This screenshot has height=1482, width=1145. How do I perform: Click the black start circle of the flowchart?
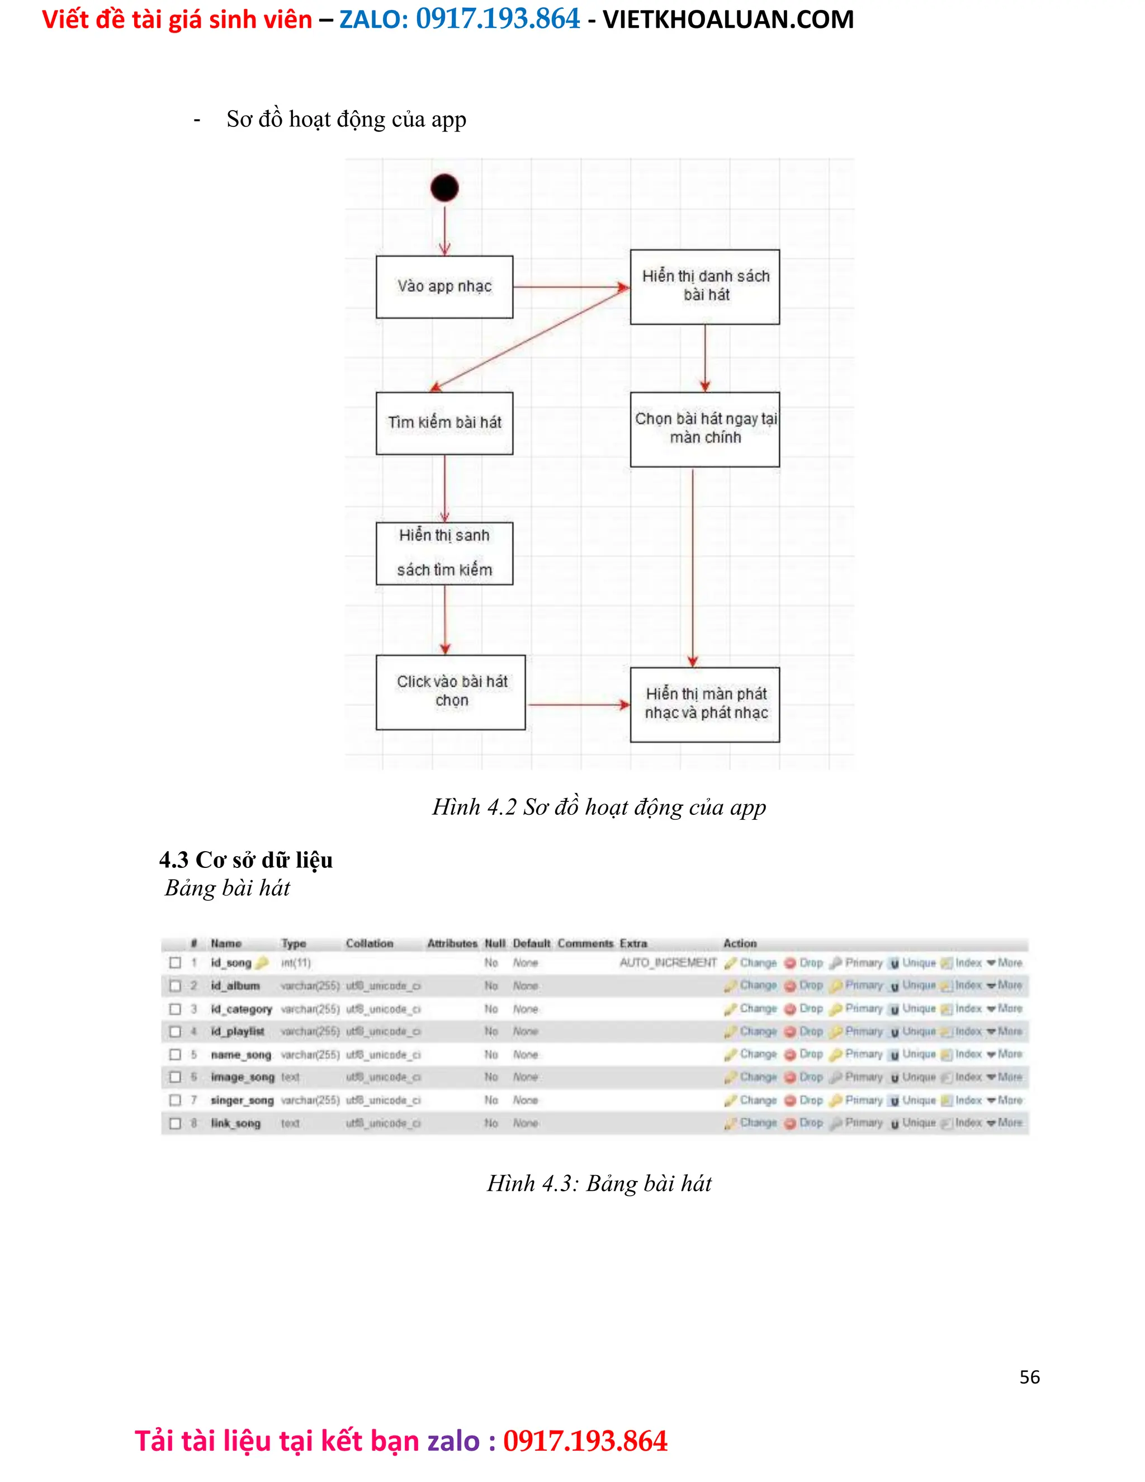click(444, 188)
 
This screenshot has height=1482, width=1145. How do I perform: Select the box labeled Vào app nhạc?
click(444, 286)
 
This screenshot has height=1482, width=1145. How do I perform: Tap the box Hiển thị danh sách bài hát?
click(705, 286)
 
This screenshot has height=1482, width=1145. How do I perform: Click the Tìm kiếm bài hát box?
click(444, 423)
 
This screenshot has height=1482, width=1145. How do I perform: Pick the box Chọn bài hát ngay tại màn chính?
click(705, 429)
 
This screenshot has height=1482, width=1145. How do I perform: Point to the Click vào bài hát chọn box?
click(451, 691)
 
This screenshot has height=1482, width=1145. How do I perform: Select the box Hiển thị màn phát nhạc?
click(705, 704)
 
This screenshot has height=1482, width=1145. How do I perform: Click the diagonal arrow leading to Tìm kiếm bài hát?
click(529, 339)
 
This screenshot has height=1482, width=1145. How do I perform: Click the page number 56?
click(1029, 1377)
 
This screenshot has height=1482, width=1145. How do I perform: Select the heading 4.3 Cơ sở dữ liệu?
click(245, 860)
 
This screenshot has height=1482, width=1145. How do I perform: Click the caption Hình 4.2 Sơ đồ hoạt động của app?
click(599, 807)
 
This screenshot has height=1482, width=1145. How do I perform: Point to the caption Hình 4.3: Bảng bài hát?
click(599, 1183)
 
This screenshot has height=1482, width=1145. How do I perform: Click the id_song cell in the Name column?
click(231, 962)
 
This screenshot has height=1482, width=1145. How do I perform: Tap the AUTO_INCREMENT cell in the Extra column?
click(668, 962)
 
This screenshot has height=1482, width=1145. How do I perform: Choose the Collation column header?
click(369, 943)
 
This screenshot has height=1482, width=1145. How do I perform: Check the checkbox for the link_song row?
click(175, 1123)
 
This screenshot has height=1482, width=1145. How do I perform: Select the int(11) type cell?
click(296, 962)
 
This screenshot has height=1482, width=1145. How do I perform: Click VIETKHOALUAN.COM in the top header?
click(728, 19)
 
